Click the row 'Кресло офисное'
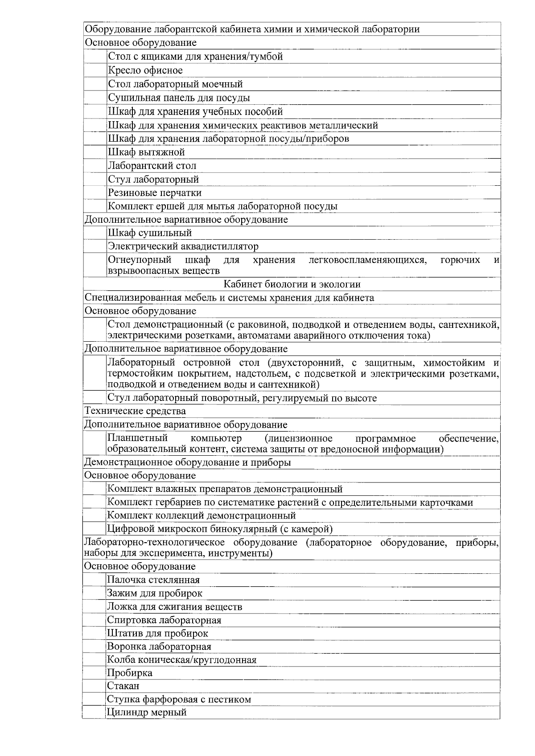(145, 70)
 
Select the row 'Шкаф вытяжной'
(146, 152)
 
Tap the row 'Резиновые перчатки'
(155, 193)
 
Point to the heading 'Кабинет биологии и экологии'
(292, 284)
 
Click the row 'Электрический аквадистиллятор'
(183, 246)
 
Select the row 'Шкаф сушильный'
(150, 233)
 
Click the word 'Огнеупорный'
(140, 260)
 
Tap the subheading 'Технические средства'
(135, 411)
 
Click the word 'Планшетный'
(137, 438)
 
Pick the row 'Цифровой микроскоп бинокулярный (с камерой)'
(220, 529)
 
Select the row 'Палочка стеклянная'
(153, 580)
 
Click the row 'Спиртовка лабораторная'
(164, 620)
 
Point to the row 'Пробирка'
(130, 673)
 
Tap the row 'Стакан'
(123, 686)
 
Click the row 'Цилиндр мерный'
(146, 712)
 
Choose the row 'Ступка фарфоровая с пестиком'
(179, 699)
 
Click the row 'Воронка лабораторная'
(159, 646)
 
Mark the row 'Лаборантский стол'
(152, 166)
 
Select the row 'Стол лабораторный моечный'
(175, 84)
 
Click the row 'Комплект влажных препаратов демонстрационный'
(225, 489)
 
